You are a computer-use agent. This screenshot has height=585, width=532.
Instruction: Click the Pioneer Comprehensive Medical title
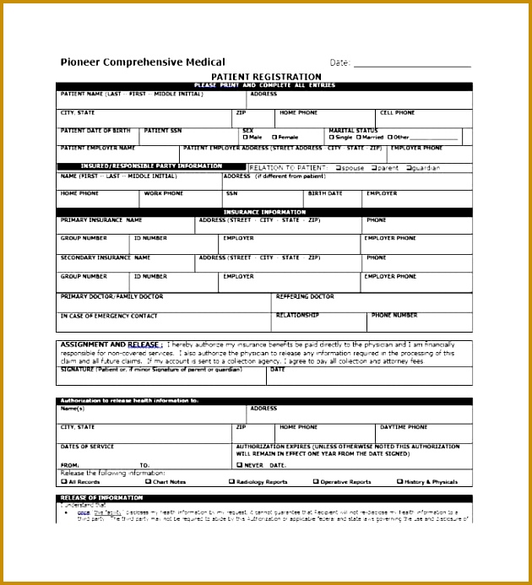143,62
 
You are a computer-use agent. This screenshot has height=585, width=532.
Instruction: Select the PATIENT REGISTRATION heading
266,77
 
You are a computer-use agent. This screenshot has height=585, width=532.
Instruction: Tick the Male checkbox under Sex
245,137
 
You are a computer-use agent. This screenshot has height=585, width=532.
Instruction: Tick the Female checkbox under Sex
273,137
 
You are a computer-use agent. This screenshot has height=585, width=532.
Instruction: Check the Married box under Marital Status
358,137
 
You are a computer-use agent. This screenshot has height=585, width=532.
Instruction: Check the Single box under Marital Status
331,137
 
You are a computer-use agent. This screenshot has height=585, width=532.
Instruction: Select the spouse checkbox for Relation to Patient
338,167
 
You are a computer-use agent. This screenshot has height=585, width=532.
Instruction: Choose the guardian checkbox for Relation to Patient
409,167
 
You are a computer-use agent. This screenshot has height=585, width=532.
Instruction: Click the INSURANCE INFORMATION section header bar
264,212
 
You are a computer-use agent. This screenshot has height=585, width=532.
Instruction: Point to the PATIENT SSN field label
162,131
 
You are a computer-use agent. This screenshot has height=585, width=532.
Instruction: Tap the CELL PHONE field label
397,112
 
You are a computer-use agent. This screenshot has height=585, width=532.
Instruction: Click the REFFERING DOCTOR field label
305,296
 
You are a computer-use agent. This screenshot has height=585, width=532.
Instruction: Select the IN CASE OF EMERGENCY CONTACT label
108,316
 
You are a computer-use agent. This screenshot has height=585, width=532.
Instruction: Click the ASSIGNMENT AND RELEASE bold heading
110,344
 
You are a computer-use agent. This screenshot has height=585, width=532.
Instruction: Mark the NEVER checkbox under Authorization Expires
240,464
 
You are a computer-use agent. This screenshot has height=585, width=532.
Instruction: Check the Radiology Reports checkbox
231,481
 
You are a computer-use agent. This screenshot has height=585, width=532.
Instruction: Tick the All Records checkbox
63,481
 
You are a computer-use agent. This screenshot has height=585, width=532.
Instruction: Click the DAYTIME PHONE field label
404,427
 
